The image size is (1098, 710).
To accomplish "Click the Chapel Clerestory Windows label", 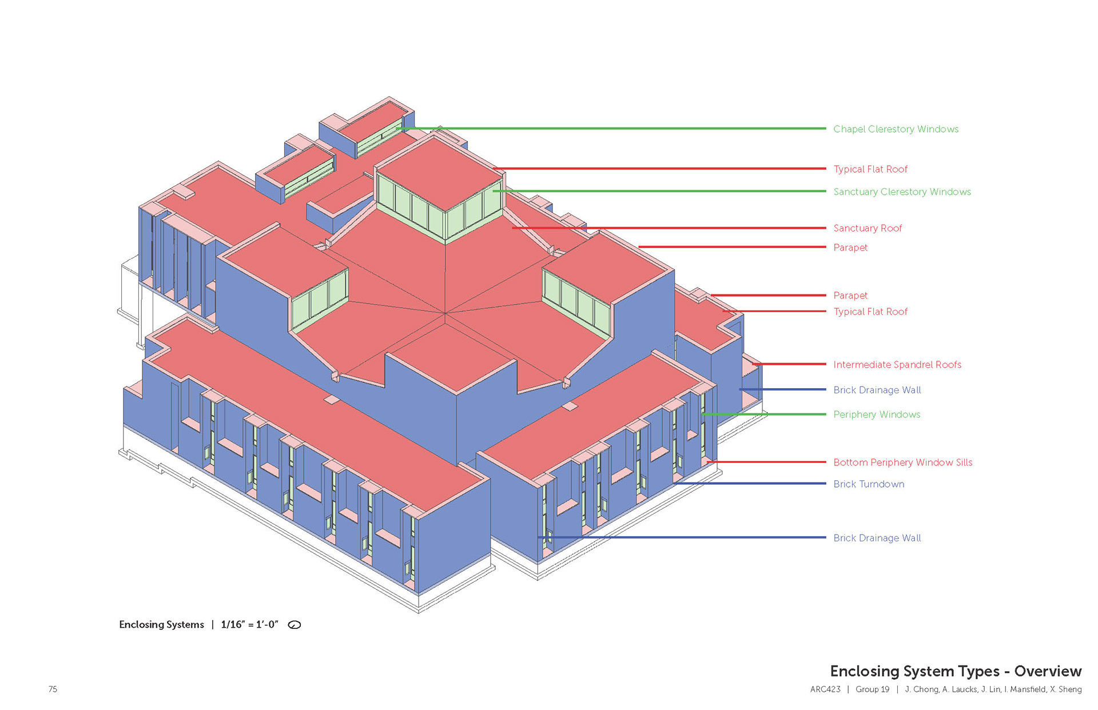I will click(x=896, y=129).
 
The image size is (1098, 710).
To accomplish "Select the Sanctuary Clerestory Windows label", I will click(x=902, y=192).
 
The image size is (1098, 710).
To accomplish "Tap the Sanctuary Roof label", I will click(x=867, y=228).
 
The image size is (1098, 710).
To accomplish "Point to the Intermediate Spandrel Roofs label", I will click(x=897, y=365).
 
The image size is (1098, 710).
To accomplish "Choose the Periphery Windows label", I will click(x=876, y=414).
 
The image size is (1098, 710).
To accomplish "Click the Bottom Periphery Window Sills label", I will click(x=902, y=462).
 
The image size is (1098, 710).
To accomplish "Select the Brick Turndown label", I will click(x=868, y=484).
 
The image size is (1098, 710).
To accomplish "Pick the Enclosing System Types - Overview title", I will click(x=956, y=671).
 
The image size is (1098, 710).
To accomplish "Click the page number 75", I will click(x=53, y=689).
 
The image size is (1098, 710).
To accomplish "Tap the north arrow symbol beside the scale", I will click(x=295, y=625).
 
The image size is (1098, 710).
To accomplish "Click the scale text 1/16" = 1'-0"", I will click(x=249, y=625).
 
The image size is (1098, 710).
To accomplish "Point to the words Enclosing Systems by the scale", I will click(x=161, y=625).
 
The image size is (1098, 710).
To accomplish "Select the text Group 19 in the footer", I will click(x=872, y=689).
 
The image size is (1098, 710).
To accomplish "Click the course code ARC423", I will click(x=825, y=689).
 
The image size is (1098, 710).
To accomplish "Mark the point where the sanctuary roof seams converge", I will click(x=445, y=313).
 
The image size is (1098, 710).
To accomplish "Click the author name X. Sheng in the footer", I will click(x=1065, y=689).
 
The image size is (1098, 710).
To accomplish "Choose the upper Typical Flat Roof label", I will click(x=870, y=169).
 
